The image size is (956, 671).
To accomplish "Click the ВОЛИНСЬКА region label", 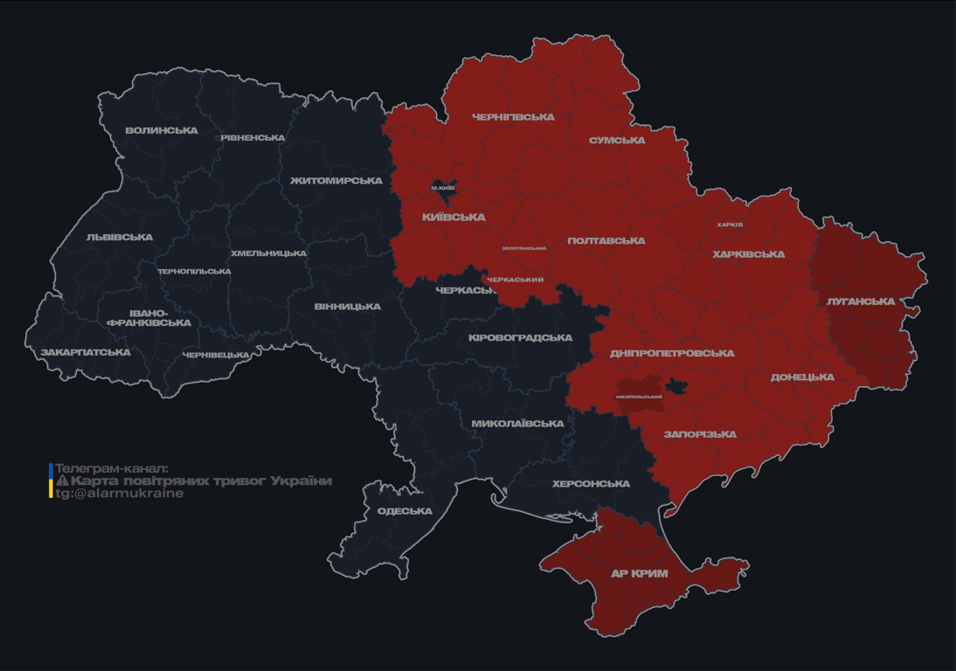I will tap(162, 131).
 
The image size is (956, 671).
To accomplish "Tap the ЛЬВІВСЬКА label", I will tap(120, 238).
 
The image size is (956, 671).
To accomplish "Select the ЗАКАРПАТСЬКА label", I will tap(86, 353).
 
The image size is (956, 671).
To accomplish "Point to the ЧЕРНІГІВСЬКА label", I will tap(513, 117).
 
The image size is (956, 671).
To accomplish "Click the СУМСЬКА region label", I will tap(617, 141).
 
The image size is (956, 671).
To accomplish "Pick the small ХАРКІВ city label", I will tap(730, 225).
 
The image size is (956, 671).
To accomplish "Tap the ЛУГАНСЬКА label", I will tap(861, 301).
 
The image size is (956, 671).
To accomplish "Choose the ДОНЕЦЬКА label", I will tap(802, 377).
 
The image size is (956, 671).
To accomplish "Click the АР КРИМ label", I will tap(640, 574).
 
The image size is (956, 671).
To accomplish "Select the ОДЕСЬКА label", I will tap(405, 511).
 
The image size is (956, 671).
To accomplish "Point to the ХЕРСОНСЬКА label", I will tap(592, 484).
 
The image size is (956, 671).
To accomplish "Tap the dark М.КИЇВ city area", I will tap(443, 188).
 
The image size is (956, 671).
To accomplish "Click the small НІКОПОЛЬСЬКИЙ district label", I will tap(639, 397).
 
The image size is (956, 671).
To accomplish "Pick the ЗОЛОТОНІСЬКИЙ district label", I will tap(523, 248).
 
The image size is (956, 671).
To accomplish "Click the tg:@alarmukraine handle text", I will tap(120, 494).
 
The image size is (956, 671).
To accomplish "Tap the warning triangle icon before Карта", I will tap(62, 481).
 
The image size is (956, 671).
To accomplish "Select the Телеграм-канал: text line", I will tap(111, 468).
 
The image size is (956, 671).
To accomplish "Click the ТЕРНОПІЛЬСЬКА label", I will tap(194, 272).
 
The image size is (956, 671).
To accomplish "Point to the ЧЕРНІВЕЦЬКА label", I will tap(216, 355).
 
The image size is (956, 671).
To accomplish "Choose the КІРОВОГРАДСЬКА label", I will tap(520, 338).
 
